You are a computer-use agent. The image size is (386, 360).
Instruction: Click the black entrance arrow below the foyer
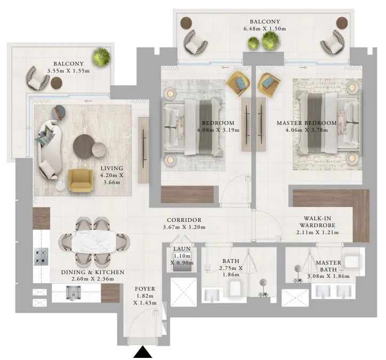142,352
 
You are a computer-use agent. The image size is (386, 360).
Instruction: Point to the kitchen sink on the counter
72,292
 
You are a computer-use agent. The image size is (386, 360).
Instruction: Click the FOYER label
145,289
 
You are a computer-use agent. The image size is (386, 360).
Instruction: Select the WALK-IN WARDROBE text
318,218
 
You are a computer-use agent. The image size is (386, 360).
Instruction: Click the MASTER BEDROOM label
307,123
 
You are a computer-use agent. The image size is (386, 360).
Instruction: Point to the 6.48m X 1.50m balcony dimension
264,28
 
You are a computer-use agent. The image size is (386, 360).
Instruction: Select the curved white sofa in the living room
46,149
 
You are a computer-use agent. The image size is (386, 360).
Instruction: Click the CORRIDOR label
184,220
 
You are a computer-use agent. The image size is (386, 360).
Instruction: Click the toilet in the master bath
352,262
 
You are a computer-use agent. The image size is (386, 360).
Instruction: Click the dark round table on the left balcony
56,83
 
